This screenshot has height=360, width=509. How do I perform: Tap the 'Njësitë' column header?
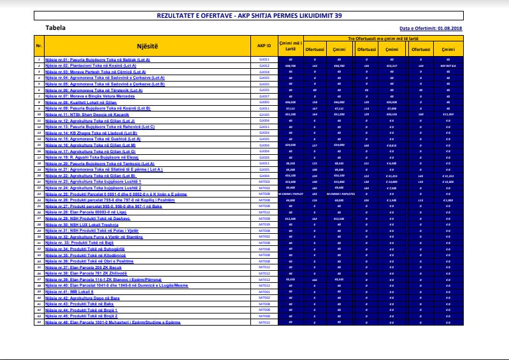point(147,46)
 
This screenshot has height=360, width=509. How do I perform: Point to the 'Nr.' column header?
point(39,46)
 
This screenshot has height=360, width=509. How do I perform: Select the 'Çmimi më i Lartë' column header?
point(290,46)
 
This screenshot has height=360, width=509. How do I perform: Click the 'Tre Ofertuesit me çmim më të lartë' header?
point(390,39)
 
